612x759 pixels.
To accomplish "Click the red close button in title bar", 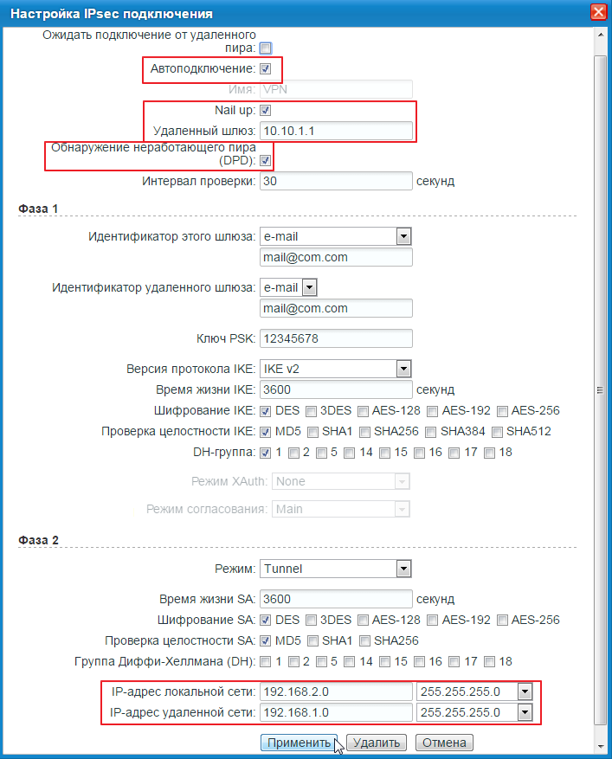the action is tap(597, 12).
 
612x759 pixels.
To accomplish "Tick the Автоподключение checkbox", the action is tap(266, 68).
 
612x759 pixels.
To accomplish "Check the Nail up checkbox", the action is tap(266, 111).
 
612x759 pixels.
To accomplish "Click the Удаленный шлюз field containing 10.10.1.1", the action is tap(336, 131).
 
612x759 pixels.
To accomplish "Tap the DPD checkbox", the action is tap(266, 160).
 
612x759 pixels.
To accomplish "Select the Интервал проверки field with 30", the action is tap(336, 181).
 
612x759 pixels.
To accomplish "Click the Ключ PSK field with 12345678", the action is tap(336, 338).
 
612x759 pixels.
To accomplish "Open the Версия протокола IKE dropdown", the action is tap(403, 369).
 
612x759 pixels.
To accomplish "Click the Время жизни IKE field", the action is tap(336, 389).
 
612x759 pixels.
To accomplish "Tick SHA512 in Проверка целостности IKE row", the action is tap(497, 431).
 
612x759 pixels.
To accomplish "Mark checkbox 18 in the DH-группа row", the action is tap(490, 452).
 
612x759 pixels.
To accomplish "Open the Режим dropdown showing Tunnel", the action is tap(403, 569).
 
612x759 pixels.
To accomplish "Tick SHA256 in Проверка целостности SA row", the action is tap(365, 640).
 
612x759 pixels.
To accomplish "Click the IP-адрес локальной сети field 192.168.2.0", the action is tap(336, 691).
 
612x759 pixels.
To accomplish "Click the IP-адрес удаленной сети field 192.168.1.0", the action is tap(336, 712).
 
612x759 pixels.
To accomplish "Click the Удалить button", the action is tap(377, 743).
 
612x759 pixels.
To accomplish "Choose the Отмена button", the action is tap(444, 743).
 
